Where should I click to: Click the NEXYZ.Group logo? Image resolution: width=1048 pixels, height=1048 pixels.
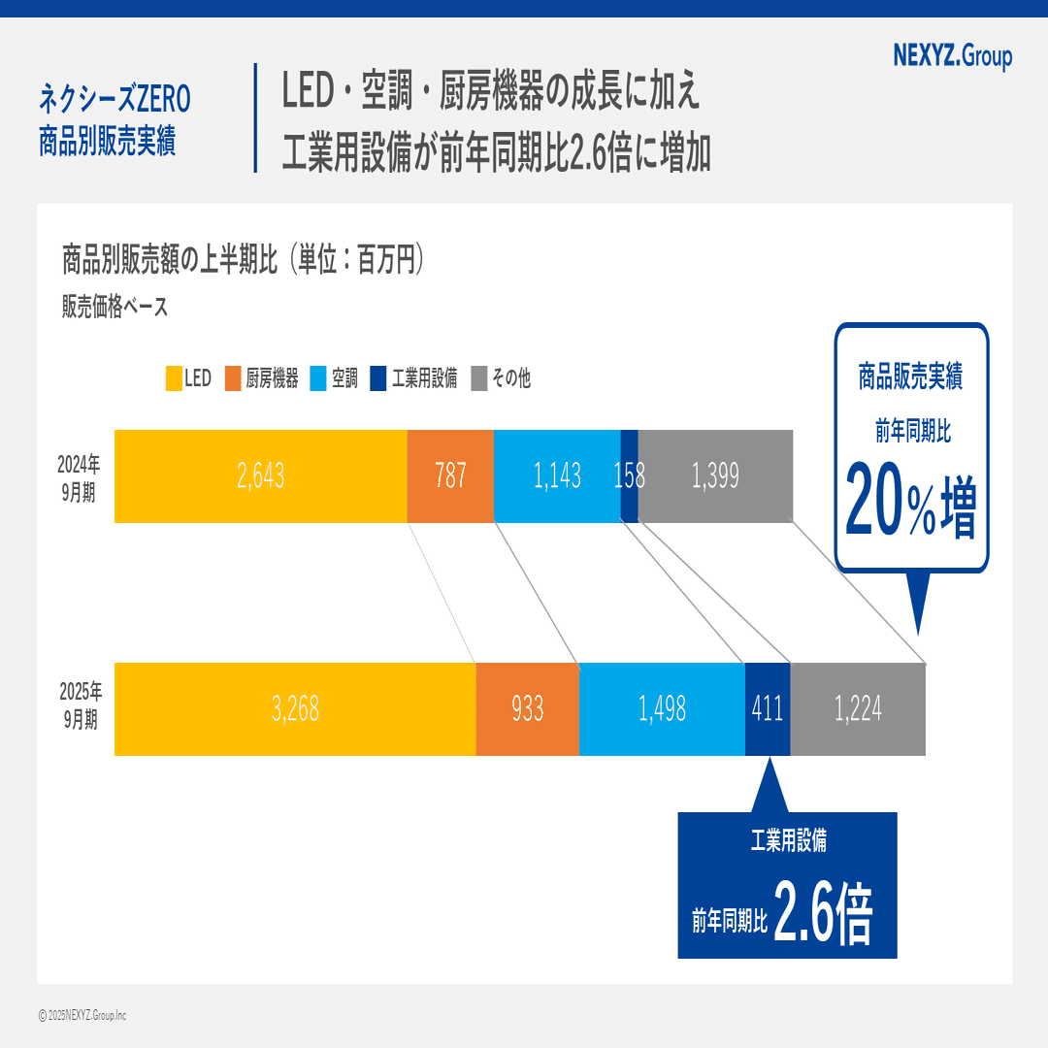click(951, 56)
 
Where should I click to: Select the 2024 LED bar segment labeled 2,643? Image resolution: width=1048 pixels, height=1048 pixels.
click(260, 475)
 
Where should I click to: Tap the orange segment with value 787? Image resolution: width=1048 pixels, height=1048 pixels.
click(450, 475)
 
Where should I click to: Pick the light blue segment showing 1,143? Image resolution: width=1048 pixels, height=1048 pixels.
click(557, 475)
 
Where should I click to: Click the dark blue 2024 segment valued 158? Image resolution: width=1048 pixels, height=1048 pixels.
click(630, 475)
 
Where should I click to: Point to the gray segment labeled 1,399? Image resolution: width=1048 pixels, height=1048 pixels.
click(715, 475)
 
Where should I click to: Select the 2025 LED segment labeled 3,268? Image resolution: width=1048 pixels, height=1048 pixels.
click(295, 709)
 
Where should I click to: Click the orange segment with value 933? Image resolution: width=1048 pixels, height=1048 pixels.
click(528, 709)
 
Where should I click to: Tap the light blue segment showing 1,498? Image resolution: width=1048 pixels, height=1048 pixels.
click(662, 709)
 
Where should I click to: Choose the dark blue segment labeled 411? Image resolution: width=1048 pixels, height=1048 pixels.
click(768, 709)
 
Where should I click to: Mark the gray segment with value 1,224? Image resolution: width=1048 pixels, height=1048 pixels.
click(858, 709)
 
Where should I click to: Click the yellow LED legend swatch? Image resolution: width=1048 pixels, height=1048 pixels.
click(175, 378)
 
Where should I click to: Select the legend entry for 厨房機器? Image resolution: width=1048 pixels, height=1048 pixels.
click(262, 378)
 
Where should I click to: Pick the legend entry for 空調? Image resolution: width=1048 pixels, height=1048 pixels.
click(335, 378)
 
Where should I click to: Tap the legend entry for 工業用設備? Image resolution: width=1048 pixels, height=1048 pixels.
click(414, 378)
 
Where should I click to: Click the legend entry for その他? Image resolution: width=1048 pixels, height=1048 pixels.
click(502, 378)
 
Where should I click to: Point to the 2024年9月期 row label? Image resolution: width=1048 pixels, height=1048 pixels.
click(78, 476)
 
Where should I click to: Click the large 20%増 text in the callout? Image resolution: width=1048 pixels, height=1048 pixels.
click(910, 499)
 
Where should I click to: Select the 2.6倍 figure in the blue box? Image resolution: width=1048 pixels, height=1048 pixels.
click(824, 913)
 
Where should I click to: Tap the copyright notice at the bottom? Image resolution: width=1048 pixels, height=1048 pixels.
click(82, 1015)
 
